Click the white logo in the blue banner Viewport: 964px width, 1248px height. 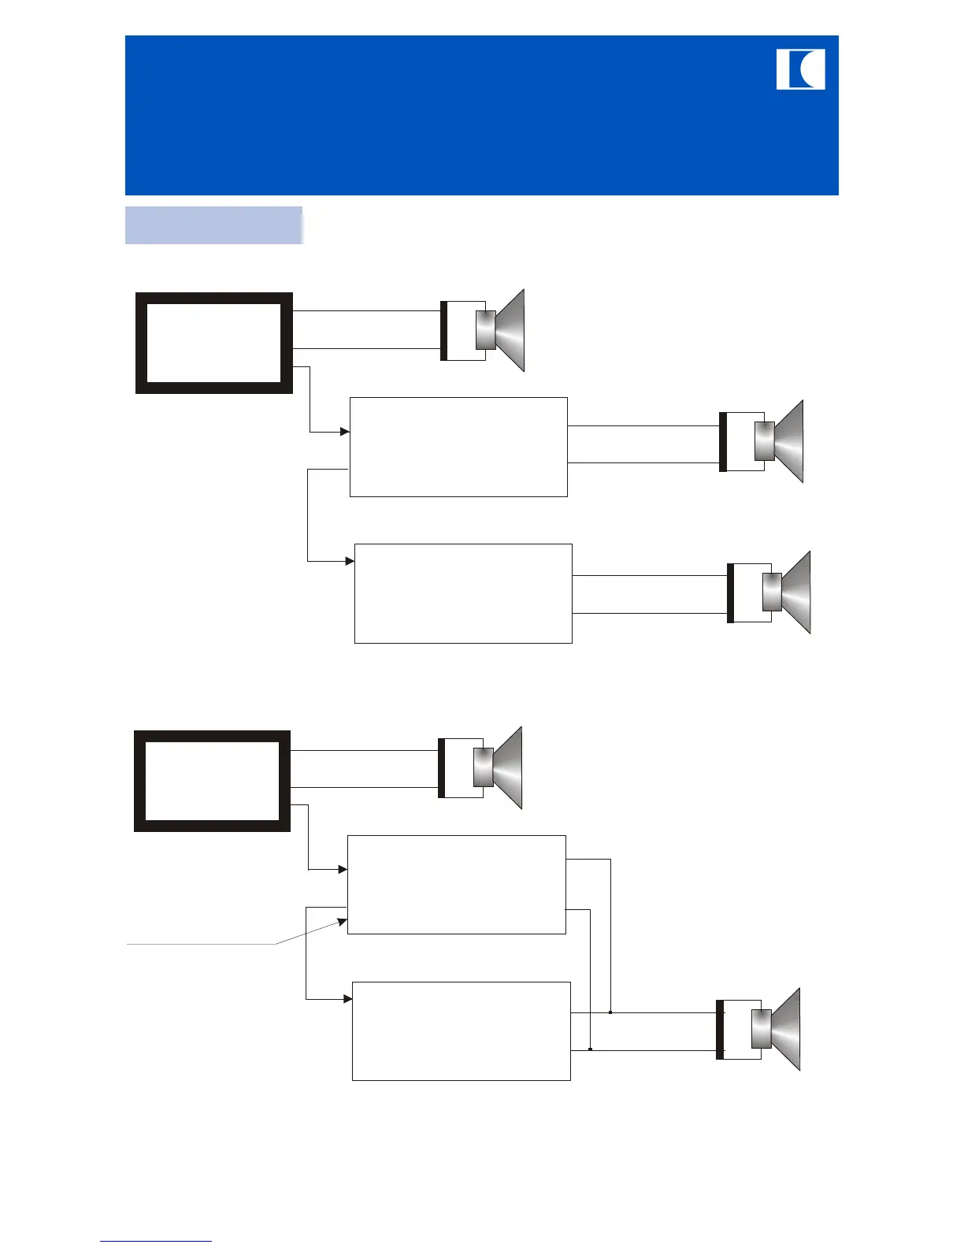(x=800, y=69)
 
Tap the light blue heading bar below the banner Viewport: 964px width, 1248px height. (x=213, y=225)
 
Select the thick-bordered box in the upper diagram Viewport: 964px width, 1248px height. (x=214, y=343)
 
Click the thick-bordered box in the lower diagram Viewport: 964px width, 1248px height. (x=212, y=781)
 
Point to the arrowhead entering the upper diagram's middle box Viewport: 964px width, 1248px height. (x=345, y=432)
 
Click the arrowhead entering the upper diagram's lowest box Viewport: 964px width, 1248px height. (x=350, y=561)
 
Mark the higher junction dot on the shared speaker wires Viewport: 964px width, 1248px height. (x=610, y=1012)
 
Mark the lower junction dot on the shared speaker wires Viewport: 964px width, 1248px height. (x=591, y=1049)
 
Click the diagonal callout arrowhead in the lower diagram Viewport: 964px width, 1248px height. (x=343, y=920)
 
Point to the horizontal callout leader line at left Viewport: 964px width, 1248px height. (x=201, y=943)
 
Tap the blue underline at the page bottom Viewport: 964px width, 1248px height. (x=156, y=1241)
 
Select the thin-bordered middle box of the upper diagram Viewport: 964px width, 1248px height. (x=458, y=447)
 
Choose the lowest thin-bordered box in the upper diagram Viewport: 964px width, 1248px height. (x=463, y=593)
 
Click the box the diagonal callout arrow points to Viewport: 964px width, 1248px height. (x=456, y=884)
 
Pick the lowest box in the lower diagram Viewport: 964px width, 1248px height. (x=461, y=1031)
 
